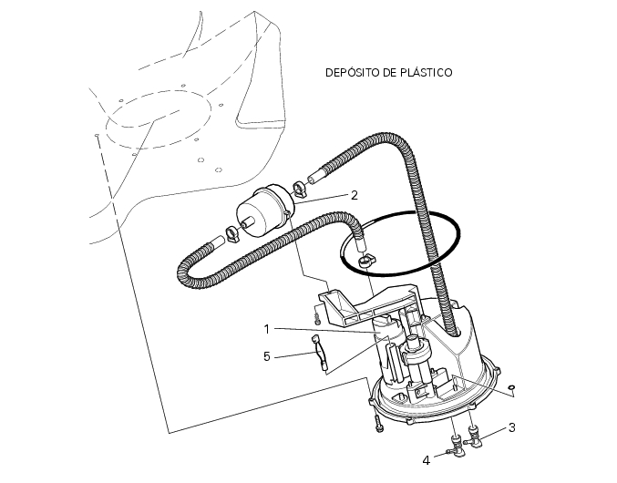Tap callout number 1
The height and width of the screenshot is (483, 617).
(x=267, y=329)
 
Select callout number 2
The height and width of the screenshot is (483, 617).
(x=355, y=195)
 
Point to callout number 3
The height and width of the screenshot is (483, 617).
(x=512, y=427)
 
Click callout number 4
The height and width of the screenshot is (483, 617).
(x=427, y=460)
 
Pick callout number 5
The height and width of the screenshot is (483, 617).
(x=267, y=356)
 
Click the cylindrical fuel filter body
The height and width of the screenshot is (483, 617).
(x=264, y=213)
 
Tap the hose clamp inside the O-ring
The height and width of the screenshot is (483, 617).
(x=366, y=261)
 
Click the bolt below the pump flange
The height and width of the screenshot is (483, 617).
(x=378, y=424)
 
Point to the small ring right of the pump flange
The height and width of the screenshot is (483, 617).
(x=511, y=387)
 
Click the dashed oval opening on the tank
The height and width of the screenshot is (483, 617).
(x=159, y=120)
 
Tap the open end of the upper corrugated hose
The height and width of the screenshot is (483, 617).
(x=312, y=178)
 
